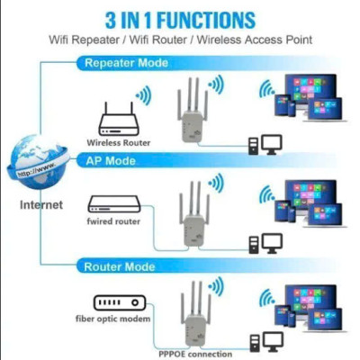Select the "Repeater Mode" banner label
click(127, 63)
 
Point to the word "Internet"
click(41, 205)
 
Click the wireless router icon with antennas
click(116, 117)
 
